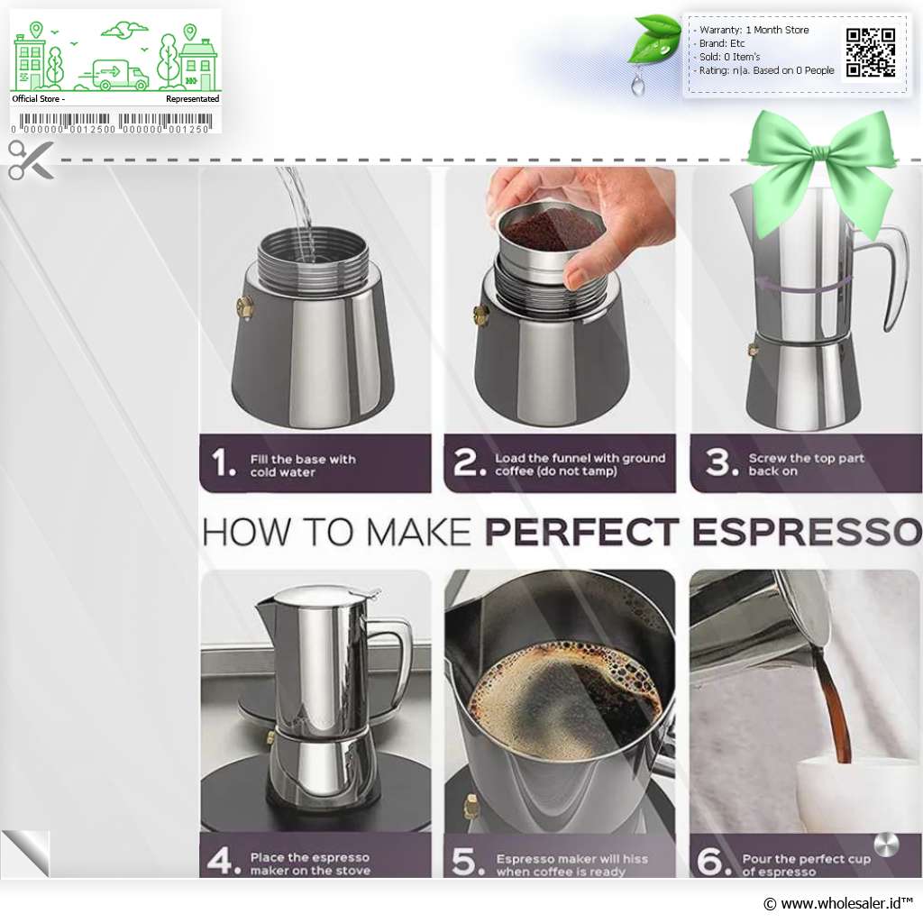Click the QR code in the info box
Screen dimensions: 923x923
(x=871, y=52)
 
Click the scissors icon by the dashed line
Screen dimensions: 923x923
(x=30, y=160)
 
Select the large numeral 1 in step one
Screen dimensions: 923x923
(x=224, y=462)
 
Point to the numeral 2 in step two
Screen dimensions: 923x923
(x=469, y=461)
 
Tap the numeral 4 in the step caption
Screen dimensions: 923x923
(x=224, y=861)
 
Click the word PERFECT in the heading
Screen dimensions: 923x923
(x=581, y=532)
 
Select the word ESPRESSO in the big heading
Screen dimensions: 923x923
(x=807, y=532)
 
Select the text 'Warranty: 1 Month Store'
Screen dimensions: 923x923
(x=754, y=30)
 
